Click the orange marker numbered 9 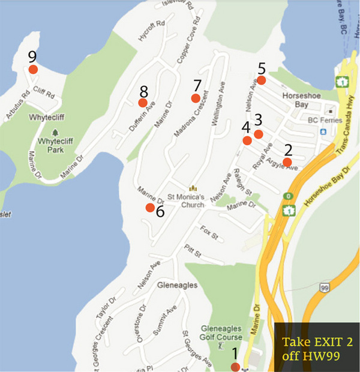click(34, 69)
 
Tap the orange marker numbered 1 click(235, 367)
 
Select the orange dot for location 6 click(149, 208)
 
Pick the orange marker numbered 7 click(195, 98)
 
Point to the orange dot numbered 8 click(143, 103)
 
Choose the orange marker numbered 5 click(262, 80)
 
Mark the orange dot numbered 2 click(287, 161)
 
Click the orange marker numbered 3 click(258, 134)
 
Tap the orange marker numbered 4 click(247, 140)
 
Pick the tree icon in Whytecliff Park click(55, 131)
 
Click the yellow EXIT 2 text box click(316, 349)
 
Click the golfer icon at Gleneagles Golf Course click(220, 346)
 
